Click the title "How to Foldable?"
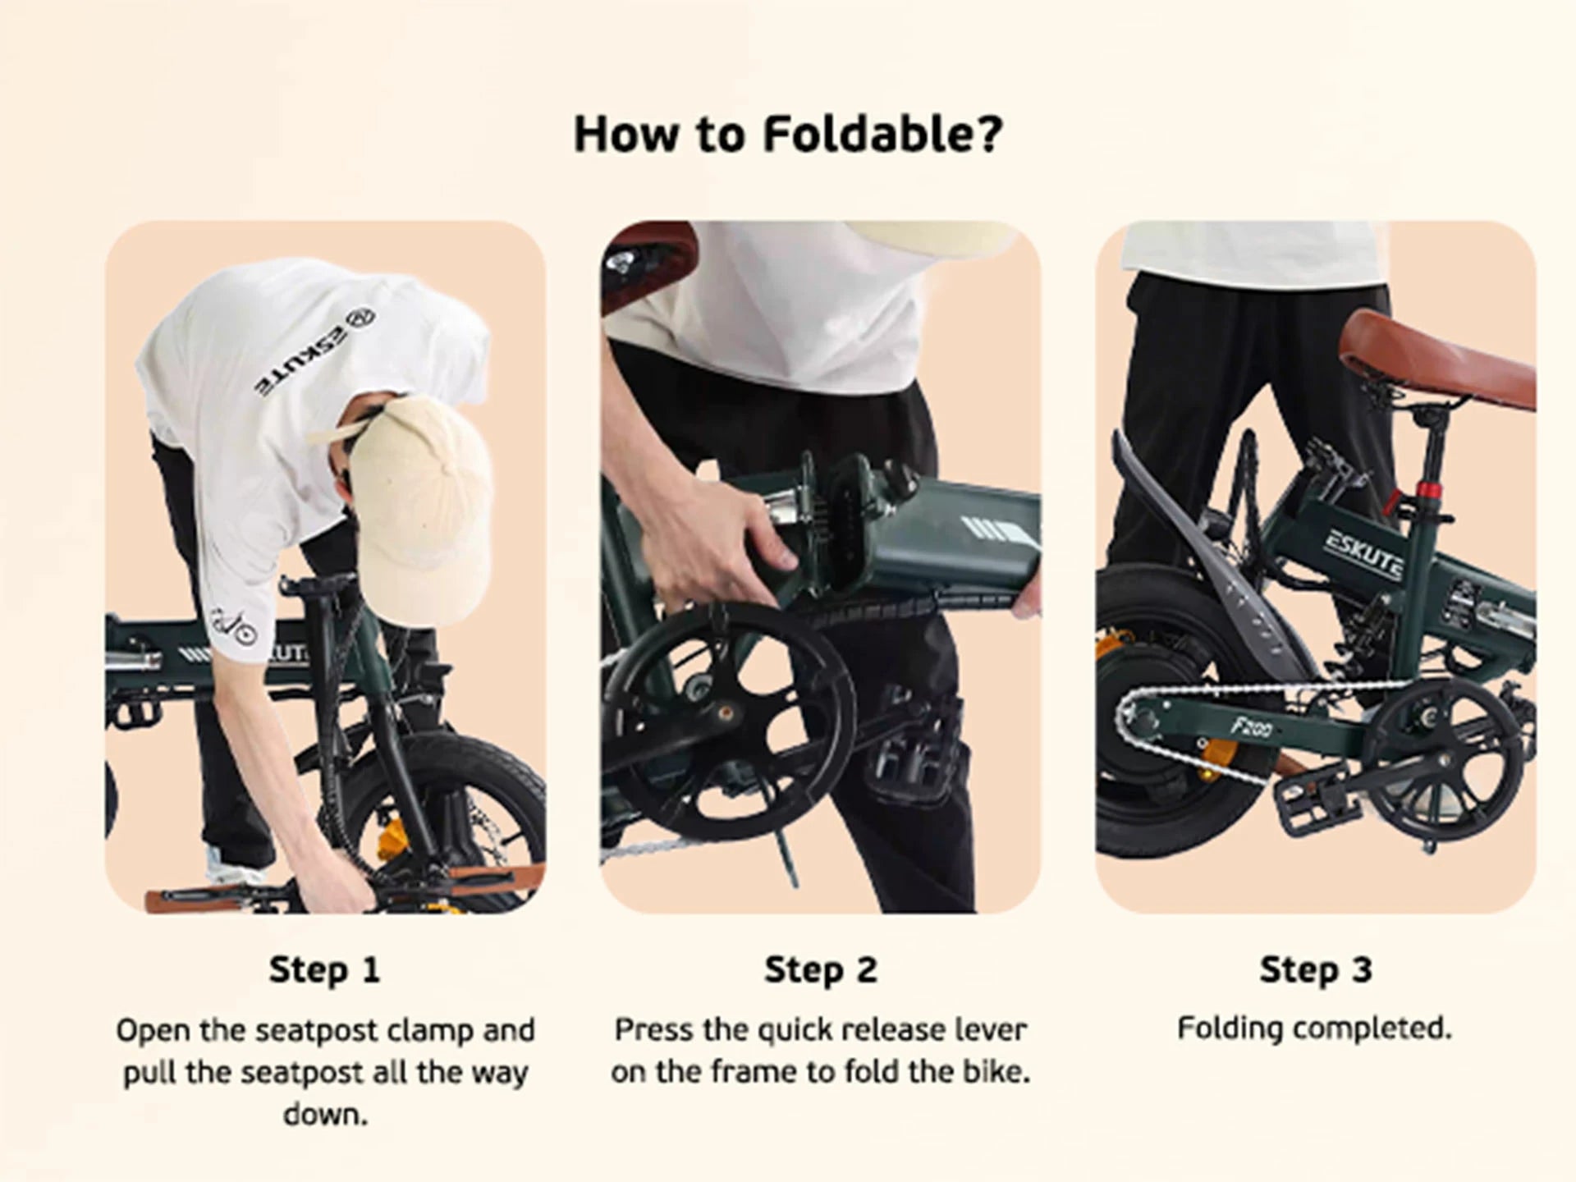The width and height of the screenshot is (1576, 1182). [x=788, y=134]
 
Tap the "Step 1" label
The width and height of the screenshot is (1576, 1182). [x=325, y=969]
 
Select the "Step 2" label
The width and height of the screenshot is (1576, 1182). [x=821, y=969]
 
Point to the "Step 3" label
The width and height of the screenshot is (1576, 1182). [x=1317, y=969]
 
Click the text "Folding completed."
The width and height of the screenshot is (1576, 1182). [x=1315, y=1029]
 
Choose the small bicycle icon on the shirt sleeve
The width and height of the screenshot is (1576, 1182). [x=234, y=627]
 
